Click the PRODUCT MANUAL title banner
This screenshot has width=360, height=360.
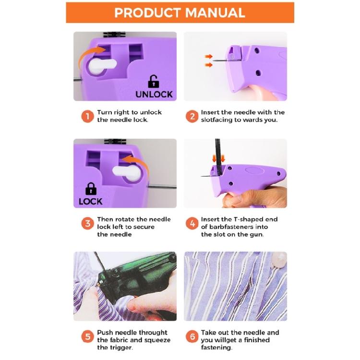pos(180,12)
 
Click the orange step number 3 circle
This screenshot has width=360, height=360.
pos(87,224)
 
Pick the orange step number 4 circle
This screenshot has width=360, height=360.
pos(192,224)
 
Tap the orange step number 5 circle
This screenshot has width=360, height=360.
pos(87,336)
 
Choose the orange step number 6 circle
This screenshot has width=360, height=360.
pos(192,336)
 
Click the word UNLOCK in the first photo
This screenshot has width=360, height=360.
pos(154,95)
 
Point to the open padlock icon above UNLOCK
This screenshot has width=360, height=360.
pos(153,81)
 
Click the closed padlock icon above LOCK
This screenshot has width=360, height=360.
pos(90,188)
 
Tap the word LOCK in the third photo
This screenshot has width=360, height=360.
pos(91,202)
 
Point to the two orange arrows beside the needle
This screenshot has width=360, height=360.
pos(209,60)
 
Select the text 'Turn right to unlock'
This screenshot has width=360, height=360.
pos(130,112)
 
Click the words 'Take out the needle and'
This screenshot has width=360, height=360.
pos(240,332)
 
